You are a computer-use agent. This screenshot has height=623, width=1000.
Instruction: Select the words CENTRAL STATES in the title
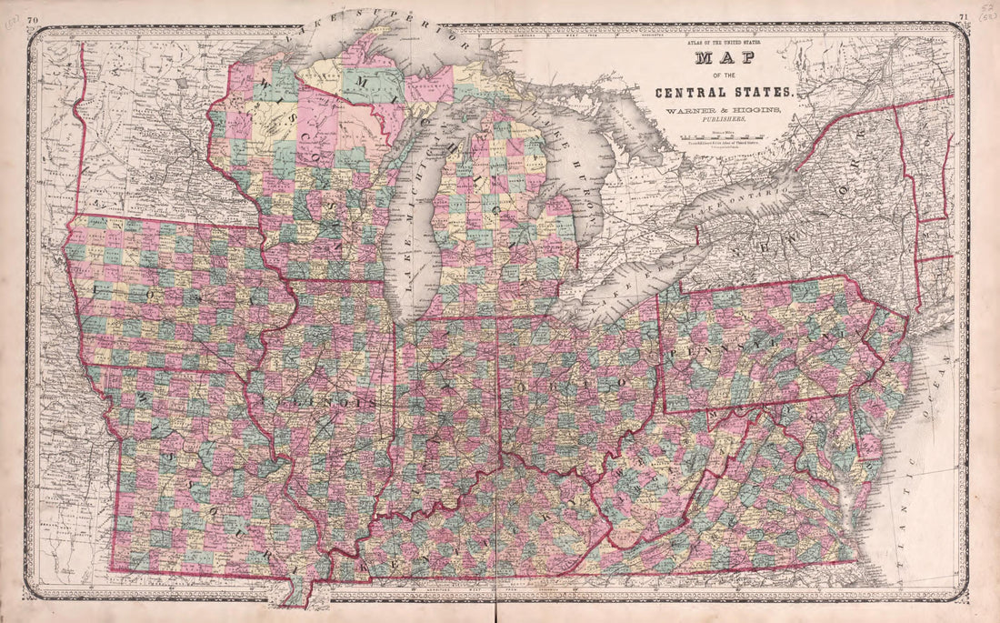[726, 92]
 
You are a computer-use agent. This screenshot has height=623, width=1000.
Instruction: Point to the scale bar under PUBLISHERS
[725, 137]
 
